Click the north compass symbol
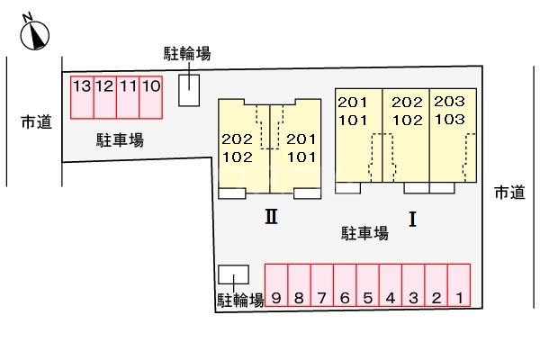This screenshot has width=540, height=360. point(34,34)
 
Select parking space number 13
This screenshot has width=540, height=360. point(82,97)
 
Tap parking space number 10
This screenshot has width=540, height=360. point(151,97)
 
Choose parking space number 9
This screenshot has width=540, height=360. point(276,285)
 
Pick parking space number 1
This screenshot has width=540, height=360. point(459,285)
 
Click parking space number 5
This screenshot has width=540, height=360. point(368,285)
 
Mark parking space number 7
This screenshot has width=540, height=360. point(322,285)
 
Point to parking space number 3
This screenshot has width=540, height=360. point(413,285)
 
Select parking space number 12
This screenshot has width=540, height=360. point(105,97)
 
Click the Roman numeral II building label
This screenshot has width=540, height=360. point(272,217)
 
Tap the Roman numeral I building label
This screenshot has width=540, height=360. point(412,219)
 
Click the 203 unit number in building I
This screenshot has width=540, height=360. point(449,102)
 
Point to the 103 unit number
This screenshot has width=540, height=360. point(450,120)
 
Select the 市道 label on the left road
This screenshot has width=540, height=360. point(36,122)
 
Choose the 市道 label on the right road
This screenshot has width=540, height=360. point(509,193)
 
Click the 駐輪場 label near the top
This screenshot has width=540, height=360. point(187,54)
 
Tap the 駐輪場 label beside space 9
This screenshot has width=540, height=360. point(240,300)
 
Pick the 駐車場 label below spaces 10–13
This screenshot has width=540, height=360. point(120,140)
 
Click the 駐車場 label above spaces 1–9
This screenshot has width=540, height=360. point(365,233)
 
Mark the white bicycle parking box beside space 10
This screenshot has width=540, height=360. point(189,90)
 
